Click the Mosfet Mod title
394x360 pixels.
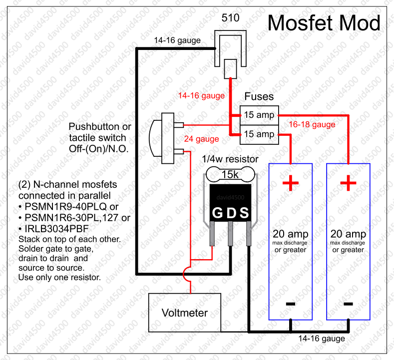(324, 23)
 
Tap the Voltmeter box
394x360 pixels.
(185, 313)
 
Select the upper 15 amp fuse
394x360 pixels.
(259, 115)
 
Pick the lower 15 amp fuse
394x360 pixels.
(259, 134)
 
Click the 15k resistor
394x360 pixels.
(230, 175)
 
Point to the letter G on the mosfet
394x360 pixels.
(217, 214)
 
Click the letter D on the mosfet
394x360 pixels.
(231, 214)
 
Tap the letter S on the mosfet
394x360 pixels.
(244, 214)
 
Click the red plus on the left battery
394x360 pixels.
(290, 184)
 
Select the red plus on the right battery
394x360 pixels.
(348, 184)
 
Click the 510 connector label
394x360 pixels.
(230, 18)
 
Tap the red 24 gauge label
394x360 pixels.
(202, 139)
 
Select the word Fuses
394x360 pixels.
(259, 96)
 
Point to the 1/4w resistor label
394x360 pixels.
(230, 159)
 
